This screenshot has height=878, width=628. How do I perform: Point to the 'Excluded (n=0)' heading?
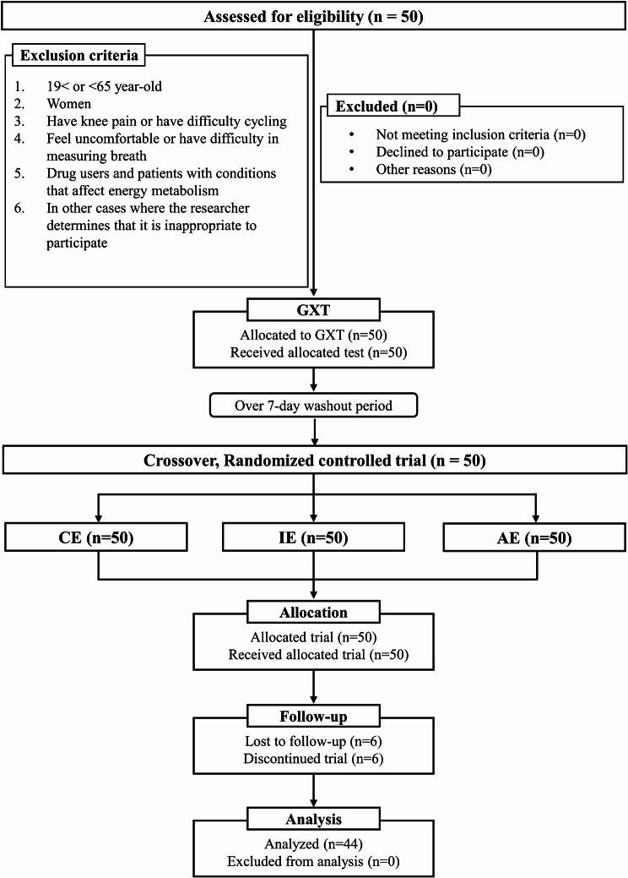pos(382,107)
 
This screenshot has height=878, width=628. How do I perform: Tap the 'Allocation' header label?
pos(313,611)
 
